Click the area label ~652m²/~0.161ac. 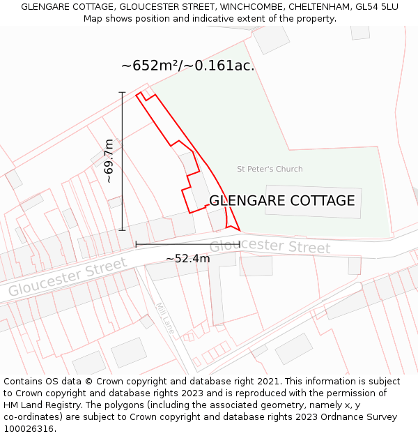tap(188, 66)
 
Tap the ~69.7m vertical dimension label tap(109, 161)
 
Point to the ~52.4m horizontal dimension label tap(187, 259)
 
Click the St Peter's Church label tap(270, 169)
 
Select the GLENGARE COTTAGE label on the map tap(282, 201)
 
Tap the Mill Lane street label tap(164, 318)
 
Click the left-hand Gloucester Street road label tap(68, 277)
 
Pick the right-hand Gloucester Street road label tap(270, 246)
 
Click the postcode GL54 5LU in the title tap(376, 7)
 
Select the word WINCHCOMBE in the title tap(251, 7)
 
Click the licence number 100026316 tap(30, 429)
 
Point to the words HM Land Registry tap(39, 405)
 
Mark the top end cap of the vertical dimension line tap(122, 92)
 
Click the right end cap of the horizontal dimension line tap(240, 244)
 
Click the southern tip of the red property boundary tap(239, 230)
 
